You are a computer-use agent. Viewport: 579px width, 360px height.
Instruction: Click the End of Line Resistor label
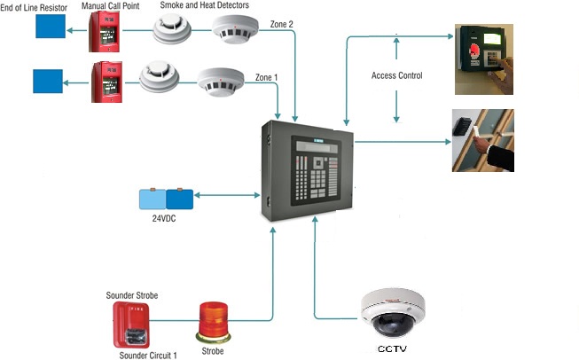[34, 8]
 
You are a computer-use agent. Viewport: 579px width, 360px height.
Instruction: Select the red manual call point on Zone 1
[106, 82]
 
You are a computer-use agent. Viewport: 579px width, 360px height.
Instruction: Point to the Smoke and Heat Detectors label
[204, 6]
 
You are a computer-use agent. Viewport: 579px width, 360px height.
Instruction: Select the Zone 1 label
[266, 77]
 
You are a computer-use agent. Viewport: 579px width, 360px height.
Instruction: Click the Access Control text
[396, 75]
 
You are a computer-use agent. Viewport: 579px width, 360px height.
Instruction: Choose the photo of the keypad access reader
[484, 59]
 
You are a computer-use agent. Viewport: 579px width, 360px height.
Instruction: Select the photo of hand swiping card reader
[483, 139]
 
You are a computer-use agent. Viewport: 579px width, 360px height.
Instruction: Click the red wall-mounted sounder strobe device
[130, 325]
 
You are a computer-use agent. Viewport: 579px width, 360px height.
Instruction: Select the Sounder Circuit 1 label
[148, 355]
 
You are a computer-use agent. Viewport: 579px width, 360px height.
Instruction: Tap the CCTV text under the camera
[392, 348]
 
